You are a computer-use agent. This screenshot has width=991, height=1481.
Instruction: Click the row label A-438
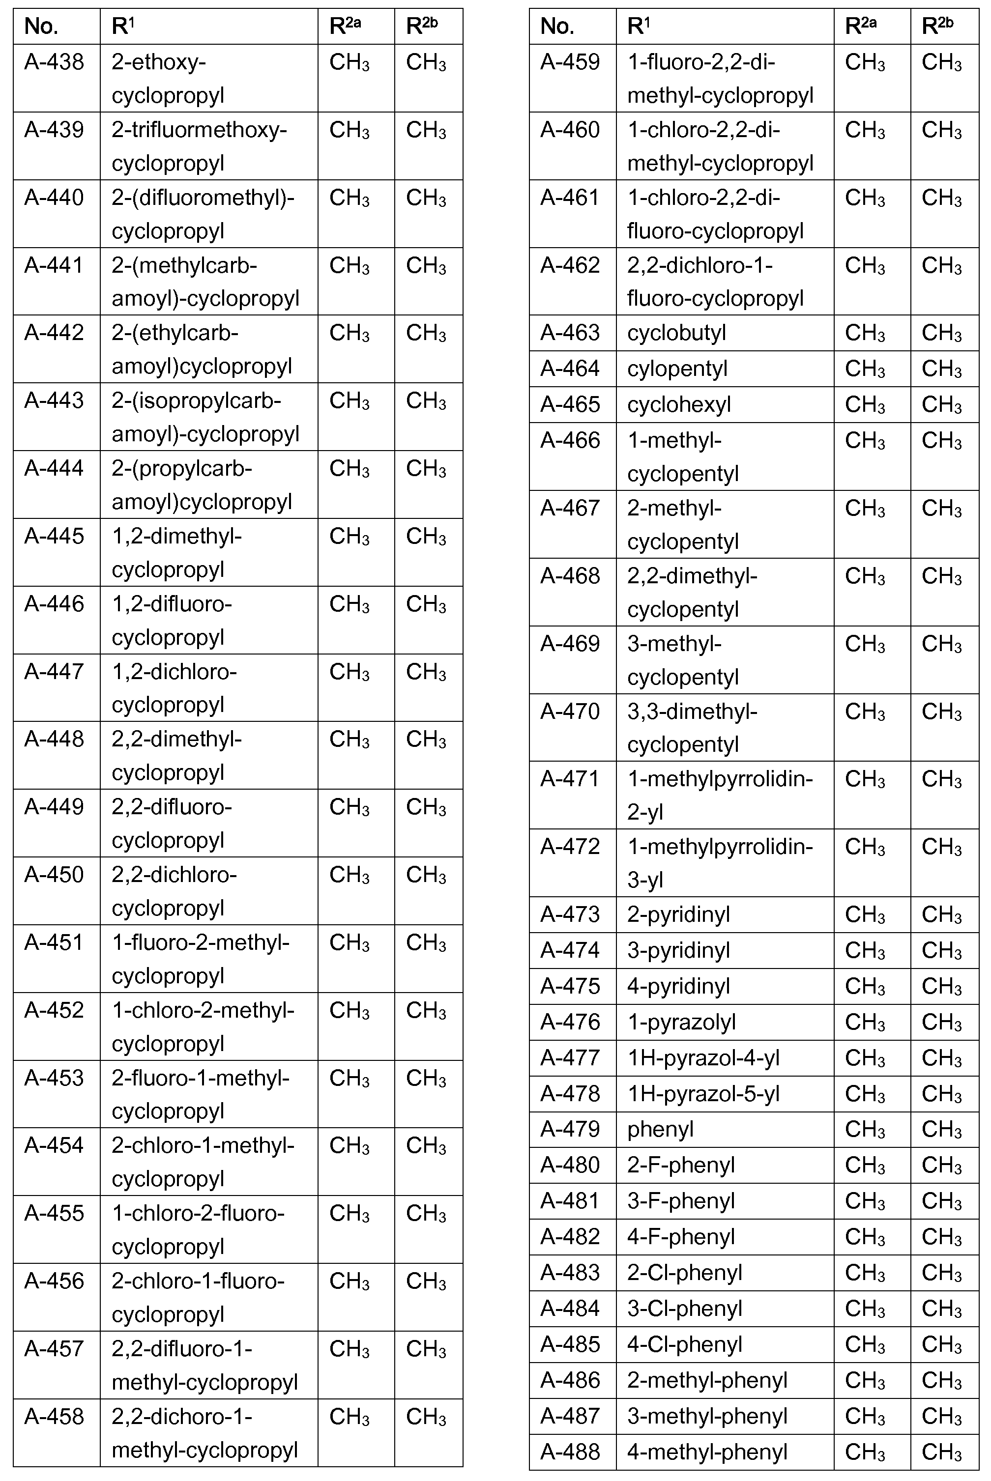55,62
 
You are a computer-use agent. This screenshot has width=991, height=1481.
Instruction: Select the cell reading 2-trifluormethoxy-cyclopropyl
199,146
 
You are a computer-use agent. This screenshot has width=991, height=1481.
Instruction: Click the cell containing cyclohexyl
679,404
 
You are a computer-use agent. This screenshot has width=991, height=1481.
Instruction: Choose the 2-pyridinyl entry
678,914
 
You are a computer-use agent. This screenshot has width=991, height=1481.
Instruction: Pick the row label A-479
570,1129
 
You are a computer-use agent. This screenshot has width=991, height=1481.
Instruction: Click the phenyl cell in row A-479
661,1129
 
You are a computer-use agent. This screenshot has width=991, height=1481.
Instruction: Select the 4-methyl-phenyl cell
707,1452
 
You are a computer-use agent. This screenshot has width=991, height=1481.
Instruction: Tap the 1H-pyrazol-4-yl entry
703,1057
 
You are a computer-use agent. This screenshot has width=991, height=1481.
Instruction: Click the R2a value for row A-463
865,333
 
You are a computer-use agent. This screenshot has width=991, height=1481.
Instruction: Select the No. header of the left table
42,27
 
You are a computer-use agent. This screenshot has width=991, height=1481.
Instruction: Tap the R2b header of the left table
422,27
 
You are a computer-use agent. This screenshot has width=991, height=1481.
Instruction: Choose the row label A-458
55,1417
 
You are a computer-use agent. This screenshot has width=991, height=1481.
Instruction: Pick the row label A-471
570,779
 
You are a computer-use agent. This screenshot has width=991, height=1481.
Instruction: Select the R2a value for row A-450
349,875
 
